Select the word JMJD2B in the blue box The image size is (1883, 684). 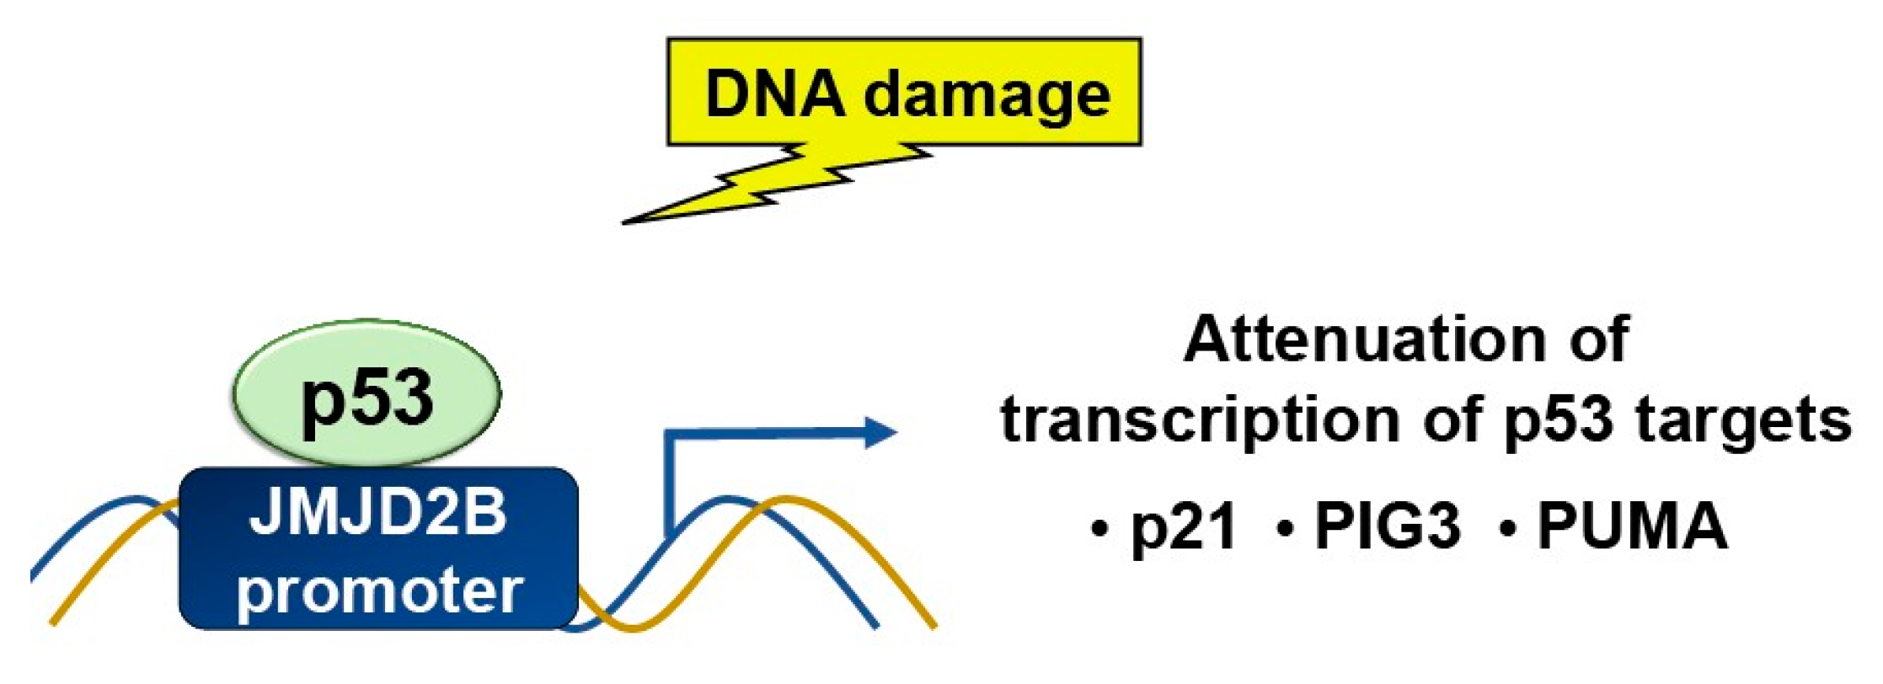[378, 512]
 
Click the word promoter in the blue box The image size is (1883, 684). [380, 590]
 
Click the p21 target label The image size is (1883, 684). [1184, 527]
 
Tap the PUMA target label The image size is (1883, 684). [1632, 526]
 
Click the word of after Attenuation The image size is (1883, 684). [1598, 339]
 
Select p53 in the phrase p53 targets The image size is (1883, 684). [1559, 419]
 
